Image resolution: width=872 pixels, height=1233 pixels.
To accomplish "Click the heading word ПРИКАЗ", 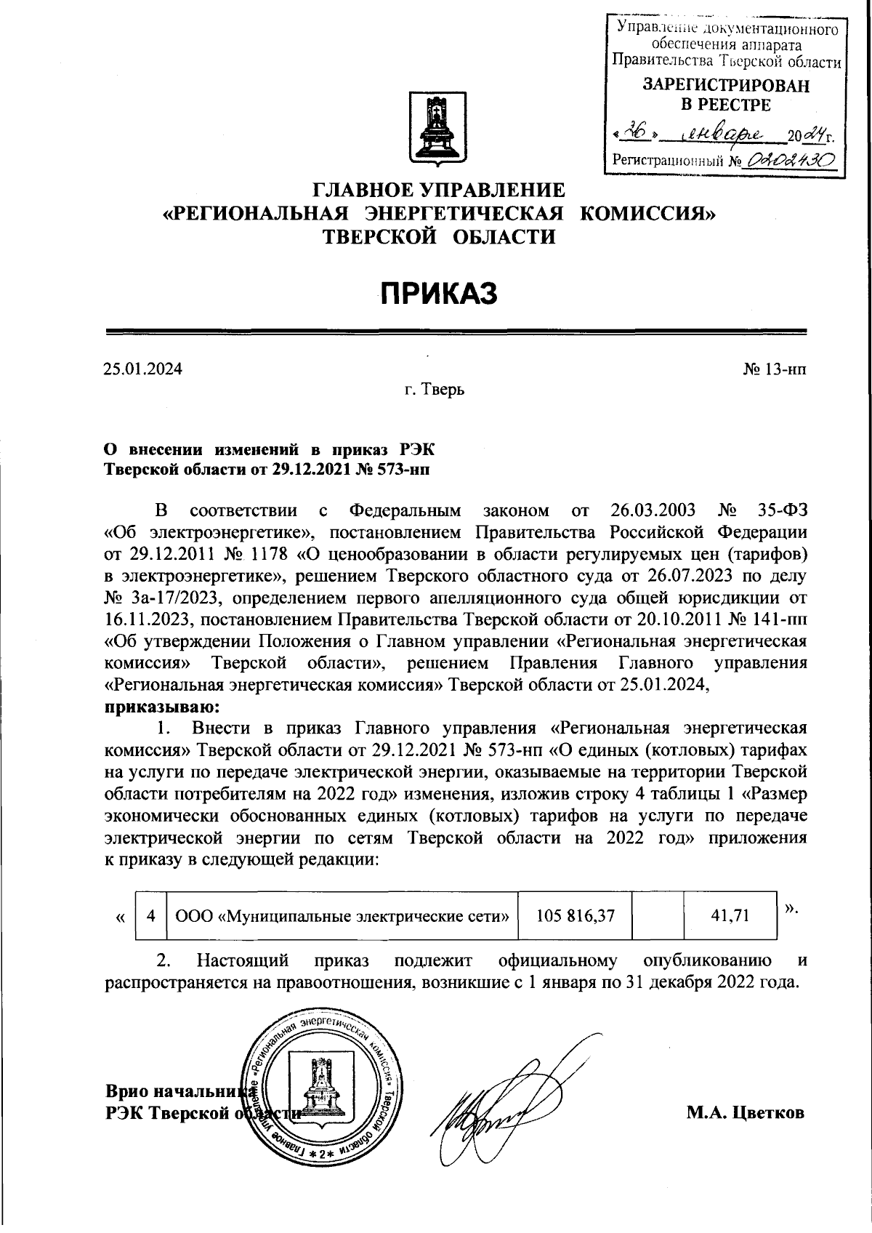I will click(439, 293).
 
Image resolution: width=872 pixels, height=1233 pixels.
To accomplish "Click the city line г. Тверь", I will click(435, 390).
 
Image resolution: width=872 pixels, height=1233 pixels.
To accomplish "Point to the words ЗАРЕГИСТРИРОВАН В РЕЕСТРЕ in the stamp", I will click(726, 95).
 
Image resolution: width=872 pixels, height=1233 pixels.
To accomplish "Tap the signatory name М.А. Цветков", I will click(745, 1112).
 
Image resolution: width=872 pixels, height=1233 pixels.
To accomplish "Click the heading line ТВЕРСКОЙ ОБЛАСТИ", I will click(438, 236).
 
